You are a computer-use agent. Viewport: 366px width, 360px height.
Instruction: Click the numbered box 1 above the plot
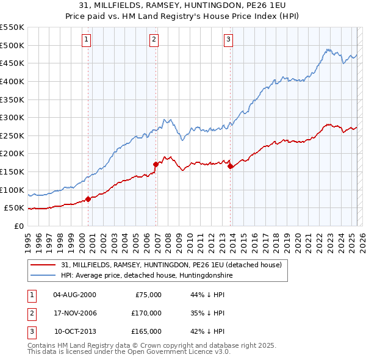(x=86, y=40)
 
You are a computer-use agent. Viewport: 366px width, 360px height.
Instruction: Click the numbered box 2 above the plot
(x=154, y=40)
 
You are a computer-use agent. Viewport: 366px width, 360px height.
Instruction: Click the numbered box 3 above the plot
(x=228, y=40)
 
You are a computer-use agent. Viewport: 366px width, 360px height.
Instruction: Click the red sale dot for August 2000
(x=88, y=198)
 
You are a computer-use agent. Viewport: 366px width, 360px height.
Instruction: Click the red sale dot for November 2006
(x=156, y=164)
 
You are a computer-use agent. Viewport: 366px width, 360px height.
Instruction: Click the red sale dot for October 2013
(x=230, y=166)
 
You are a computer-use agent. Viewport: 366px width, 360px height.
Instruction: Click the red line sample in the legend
(x=43, y=265)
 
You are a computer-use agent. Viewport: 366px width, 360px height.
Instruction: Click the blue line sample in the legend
(x=43, y=276)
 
